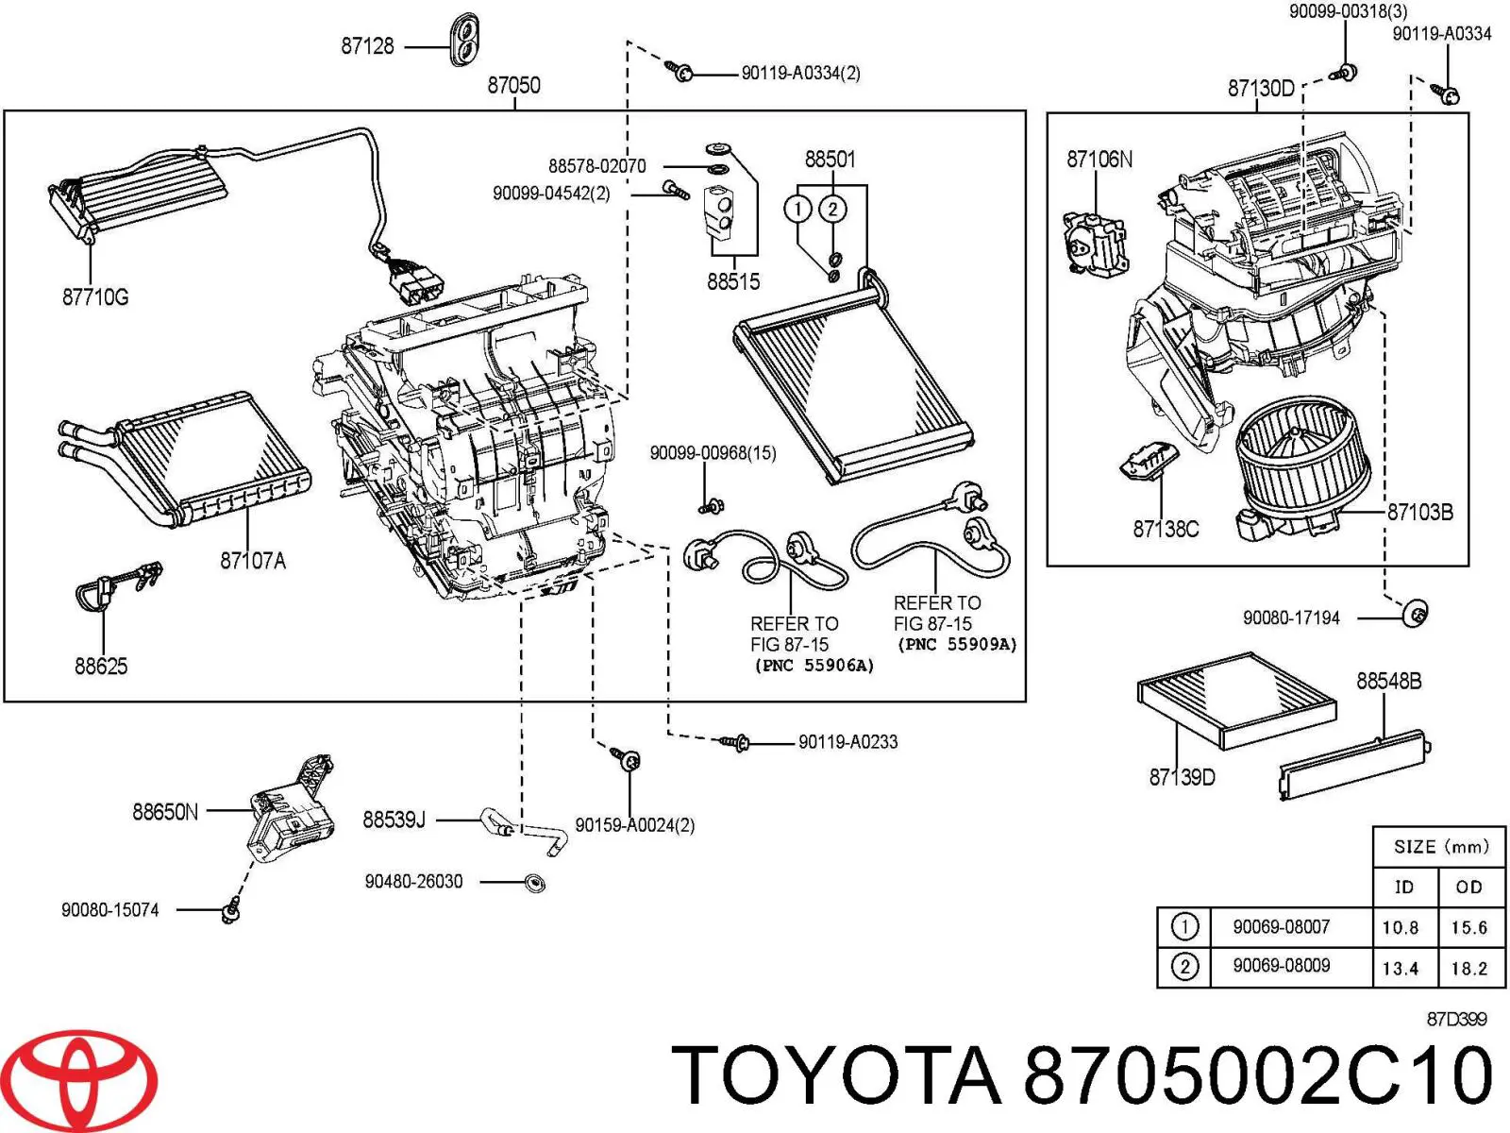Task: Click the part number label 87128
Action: click(x=367, y=46)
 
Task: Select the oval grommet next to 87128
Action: click(x=465, y=38)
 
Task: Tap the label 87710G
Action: click(x=95, y=297)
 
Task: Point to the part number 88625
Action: click(x=101, y=666)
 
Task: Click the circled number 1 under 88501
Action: click(x=798, y=209)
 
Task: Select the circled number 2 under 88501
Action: click(x=833, y=209)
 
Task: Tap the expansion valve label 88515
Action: click(x=733, y=281)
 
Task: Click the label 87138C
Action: click(x=1166, y=529)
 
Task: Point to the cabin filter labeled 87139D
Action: click(x=1237, y=701)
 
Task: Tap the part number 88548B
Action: click(x=1389, y=681)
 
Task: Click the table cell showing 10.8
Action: click(x=1401, y=928)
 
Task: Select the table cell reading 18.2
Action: click(x=1468, y=969)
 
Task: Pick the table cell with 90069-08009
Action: click(x=1281, y=965)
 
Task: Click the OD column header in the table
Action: click(x=1468, y=888)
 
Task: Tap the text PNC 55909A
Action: click(x=957, y=645)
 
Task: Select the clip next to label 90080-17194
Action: click(x=1415, y=612)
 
